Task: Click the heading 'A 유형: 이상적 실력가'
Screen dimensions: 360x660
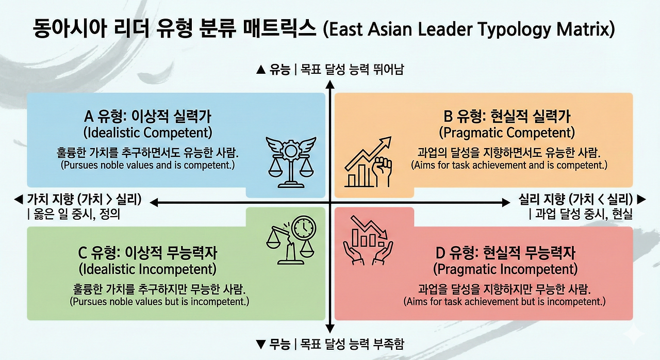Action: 148,116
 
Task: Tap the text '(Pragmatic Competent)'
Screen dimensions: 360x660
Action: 507,133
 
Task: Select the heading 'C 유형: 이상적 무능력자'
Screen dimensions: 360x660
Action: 147,253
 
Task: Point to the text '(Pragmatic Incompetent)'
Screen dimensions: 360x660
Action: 505,269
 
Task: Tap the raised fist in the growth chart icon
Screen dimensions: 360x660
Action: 383,170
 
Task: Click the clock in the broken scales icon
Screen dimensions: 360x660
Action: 303,227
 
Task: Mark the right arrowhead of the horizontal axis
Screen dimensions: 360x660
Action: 506,203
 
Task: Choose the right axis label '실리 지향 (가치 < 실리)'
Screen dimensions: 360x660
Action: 575,200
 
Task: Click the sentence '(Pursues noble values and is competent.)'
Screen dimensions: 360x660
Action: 148,166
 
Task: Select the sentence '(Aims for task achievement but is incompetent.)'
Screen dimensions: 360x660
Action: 504,301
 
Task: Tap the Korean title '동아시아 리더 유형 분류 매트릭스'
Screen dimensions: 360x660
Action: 174,28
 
